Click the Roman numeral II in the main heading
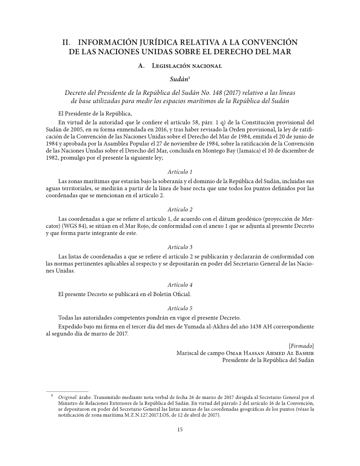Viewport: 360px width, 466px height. click(x=66, y=42)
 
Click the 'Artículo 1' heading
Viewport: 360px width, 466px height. click(x=180, y=171)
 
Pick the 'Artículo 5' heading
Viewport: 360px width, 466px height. click(x=180, y=308)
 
